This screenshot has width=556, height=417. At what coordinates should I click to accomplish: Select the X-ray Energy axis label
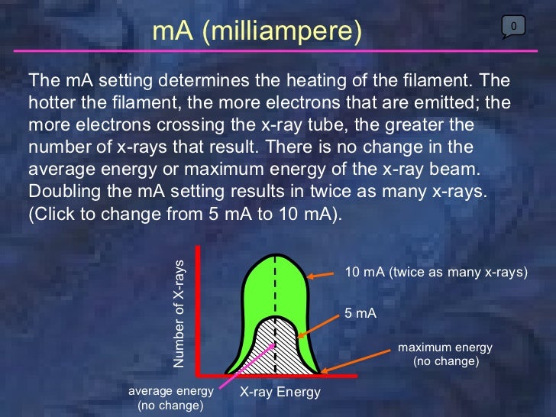tap(280, 392)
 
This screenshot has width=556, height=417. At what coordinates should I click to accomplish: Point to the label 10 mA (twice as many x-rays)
tap(436, 273)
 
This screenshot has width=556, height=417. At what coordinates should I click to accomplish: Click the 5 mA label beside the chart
tap(361, 312)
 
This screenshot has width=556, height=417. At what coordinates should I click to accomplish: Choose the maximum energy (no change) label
tap(445, 354)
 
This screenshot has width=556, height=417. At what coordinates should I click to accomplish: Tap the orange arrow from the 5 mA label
tap(317, 325)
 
